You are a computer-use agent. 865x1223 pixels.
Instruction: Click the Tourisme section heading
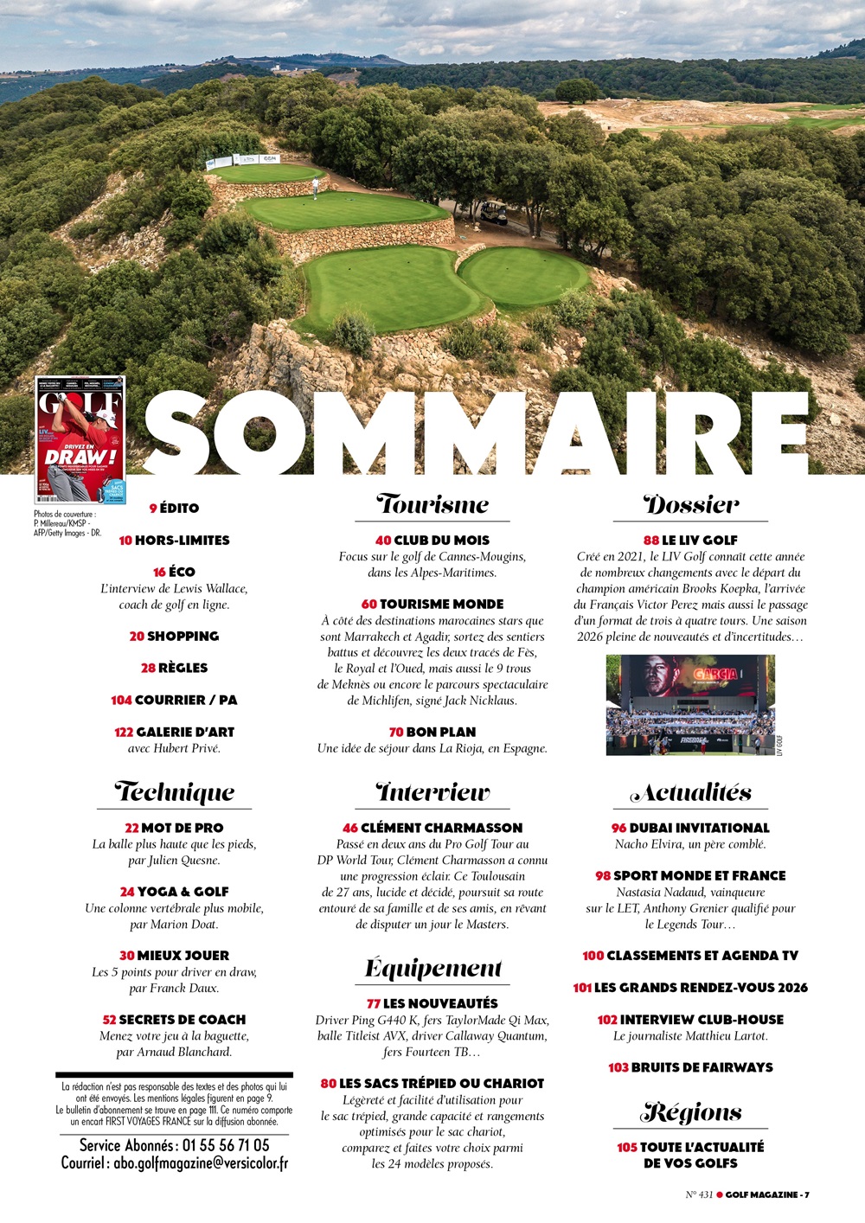(x=432, y=505)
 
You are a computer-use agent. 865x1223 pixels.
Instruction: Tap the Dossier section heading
(x=690, y=505)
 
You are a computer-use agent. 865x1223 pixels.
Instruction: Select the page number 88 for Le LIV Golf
(x=651, y=540)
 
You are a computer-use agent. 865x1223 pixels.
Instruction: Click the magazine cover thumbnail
(x=80, y=440)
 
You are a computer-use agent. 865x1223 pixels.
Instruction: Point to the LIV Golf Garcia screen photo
(x=690, y=705)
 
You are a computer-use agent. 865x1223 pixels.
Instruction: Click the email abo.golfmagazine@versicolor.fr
(x=201, y=1163)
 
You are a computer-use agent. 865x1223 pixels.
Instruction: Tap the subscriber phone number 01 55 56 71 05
(x=226, y=1145)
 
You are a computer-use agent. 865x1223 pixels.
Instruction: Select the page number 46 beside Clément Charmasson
(x=350, y=828)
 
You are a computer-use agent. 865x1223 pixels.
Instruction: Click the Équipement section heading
(x=432, y=969)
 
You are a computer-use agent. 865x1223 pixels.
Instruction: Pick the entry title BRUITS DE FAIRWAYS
(x=702, y=1067)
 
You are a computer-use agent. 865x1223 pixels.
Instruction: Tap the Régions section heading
(x=690, y=1112)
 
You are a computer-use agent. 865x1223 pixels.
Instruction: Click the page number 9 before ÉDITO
(x=153, y=509)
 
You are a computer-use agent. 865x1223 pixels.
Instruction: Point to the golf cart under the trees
(x=493, y=211)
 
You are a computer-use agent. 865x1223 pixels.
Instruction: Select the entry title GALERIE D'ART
(x=185, y=732)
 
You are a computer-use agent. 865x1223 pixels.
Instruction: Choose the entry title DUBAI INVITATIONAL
(x=699, y=828)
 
